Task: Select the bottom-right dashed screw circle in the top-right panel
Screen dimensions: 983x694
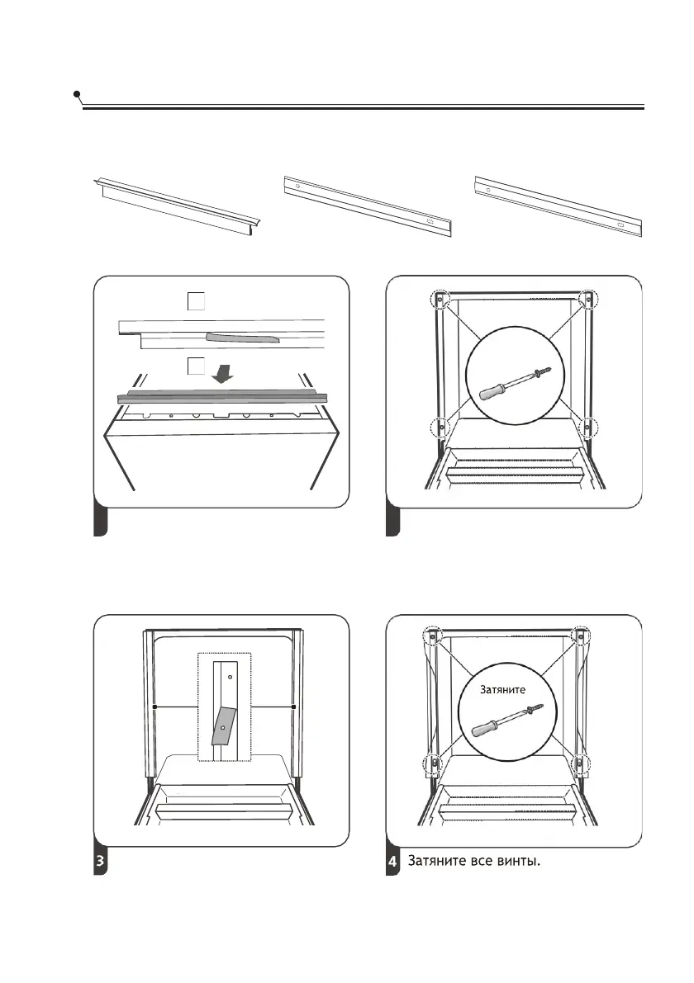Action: coord(589,427)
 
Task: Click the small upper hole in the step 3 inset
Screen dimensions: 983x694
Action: coord(230,675)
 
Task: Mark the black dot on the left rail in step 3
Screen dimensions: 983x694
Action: coord(155,707)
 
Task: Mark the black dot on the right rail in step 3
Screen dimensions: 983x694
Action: coord(295,707)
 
